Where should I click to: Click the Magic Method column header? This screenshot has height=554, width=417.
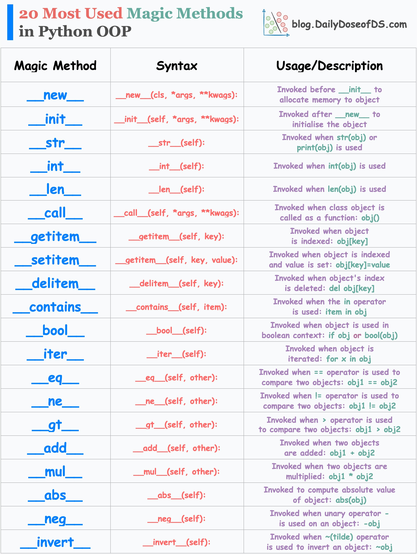55,66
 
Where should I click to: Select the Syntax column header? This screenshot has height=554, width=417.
177,66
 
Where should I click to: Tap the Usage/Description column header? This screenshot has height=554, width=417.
329,66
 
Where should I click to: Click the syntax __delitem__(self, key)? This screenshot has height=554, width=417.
177,284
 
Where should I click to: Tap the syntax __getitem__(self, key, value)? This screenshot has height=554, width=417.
177,260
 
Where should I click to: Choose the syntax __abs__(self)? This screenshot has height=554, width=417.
177,495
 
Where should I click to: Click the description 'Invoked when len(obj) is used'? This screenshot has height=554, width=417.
329,189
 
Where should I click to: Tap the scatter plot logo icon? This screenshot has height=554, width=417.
276,23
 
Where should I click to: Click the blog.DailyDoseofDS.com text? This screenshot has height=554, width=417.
349,25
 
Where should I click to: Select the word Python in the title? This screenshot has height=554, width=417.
65,32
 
